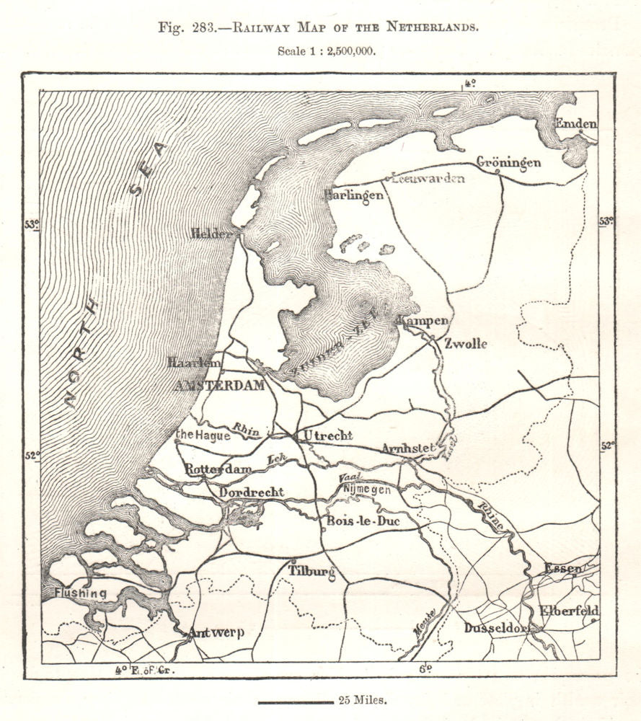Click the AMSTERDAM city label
click(219, 386)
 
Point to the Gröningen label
click(508, 162)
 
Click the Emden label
click(576, 123)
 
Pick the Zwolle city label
click(466, 343)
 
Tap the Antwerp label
click(216, 633)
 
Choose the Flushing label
click(80, 593)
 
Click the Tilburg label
click(312, 571)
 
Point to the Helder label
click(211, 234)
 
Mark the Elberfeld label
click(570, 610)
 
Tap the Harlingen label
click(353, 195)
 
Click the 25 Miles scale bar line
click(293, 700)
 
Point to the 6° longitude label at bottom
click(427, 668)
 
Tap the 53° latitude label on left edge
click(32, 224)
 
